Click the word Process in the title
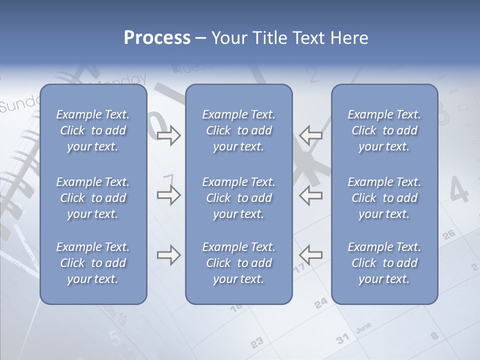(157, 38)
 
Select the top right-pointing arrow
(168, 135)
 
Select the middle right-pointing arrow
(168, 195)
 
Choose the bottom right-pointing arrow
(168, 255)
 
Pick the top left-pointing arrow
(311, 135)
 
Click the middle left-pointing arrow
(311, 195)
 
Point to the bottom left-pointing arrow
(311, 255)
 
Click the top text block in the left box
(93, 130)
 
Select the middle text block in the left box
(93, 198)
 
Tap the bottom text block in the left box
(93, 263)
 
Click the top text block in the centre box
(239, 130)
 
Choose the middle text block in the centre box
(239, 198)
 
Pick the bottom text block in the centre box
(239, 263)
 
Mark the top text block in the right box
(384, 130)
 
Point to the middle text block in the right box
(384, 198)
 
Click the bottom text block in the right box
(384, 263)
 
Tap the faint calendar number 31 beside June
(343, 338)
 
